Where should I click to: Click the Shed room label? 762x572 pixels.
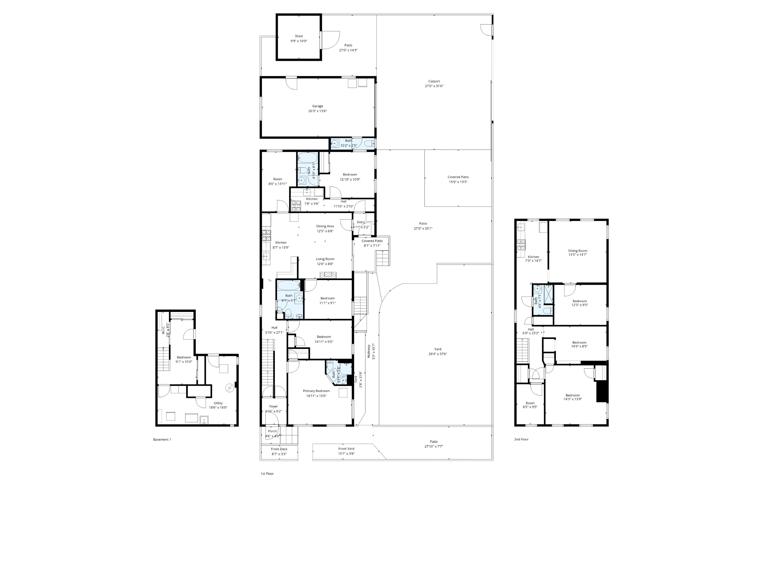[x=299, y=36]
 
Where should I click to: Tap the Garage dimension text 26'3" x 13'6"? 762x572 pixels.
[x=317, y=111]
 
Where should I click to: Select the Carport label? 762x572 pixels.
[x=434, y=81]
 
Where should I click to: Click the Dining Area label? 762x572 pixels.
[x=325, y=226]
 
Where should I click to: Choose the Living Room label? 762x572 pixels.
[x=325, y=259]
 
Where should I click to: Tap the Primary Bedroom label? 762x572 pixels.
[x=316, y=391]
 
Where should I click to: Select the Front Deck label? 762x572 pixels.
[x=279, y=449]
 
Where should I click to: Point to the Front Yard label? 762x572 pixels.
[x=346, y=449]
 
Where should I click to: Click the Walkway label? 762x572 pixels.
[x=369, y=351]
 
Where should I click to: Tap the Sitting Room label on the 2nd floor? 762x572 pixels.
[x=578, y=251]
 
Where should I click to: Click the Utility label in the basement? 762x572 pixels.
[x=218, y=403]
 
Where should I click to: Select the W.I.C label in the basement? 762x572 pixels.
[x=164, y=330]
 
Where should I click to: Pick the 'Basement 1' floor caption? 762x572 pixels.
[x=162, y=439]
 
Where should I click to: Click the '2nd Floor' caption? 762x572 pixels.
[x=521, y=439]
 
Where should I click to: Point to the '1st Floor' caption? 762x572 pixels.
[x=267, y=474]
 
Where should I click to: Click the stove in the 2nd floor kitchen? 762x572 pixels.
[x=521, y=244]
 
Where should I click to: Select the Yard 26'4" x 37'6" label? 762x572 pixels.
[x=438, y=349]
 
